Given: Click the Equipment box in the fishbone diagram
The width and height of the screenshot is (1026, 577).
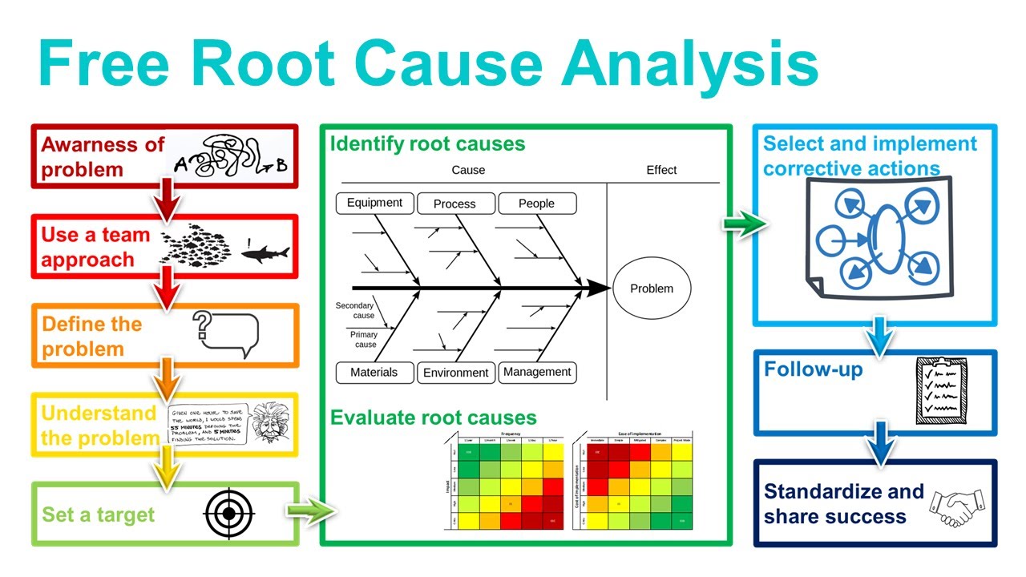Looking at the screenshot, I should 374,203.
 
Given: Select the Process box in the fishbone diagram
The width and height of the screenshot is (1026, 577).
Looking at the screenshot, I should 454,204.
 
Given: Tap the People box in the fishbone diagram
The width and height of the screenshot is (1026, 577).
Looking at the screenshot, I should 536,204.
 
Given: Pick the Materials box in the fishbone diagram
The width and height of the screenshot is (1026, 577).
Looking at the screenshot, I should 374,372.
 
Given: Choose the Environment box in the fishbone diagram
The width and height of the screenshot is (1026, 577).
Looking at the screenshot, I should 455,373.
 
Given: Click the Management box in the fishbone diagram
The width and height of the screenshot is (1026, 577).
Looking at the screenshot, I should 537,372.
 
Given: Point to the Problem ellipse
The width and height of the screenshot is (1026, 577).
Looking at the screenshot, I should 652,288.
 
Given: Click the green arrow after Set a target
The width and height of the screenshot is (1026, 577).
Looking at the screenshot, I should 308,510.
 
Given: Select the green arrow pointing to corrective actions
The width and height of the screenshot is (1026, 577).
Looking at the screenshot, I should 745,224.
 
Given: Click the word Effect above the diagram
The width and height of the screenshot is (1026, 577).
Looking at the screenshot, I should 661,170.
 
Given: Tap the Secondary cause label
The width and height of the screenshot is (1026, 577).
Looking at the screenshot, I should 355,311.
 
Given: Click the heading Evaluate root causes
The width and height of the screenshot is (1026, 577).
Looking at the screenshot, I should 434,418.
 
